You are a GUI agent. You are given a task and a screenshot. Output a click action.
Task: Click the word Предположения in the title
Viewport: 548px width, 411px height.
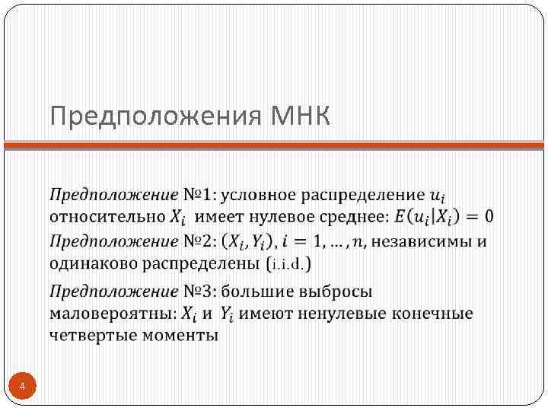[156, 118]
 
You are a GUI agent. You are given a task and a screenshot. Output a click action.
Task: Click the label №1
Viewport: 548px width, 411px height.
[198, 194]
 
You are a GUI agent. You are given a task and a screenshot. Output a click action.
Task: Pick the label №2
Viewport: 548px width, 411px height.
[198, 242]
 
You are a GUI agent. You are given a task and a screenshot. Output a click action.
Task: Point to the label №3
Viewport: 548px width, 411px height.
[198, 291]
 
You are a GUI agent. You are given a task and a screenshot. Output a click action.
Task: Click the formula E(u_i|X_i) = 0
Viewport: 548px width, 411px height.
[443, 217]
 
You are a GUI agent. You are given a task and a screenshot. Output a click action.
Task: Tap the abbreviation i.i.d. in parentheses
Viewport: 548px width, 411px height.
[290, 264]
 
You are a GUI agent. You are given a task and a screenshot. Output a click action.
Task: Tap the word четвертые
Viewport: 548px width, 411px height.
[91, 335]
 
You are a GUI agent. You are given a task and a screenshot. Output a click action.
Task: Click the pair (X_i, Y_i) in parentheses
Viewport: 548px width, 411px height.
[250, 243]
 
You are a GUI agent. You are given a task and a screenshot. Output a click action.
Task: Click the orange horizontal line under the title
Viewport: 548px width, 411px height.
[274, 145]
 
